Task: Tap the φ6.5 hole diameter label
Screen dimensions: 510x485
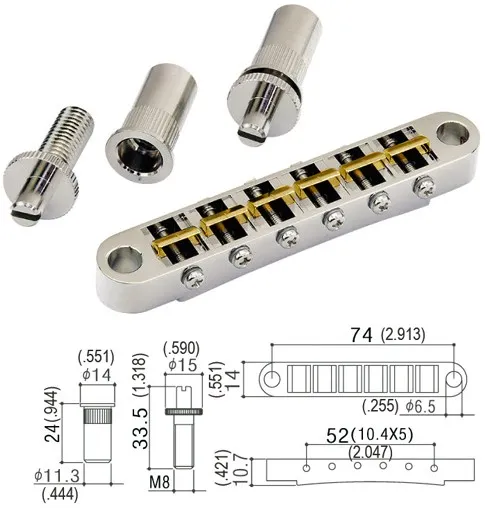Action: pos(424,407)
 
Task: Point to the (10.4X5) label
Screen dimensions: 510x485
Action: pos(382,436)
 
